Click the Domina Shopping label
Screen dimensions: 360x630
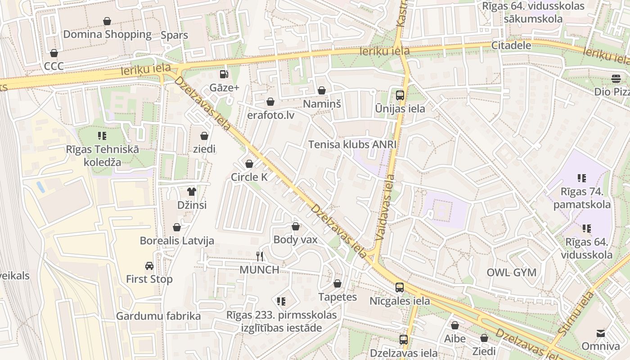[107, 35]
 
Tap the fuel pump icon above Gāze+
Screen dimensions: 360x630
[224, 74]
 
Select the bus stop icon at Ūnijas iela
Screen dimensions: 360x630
[400, 95]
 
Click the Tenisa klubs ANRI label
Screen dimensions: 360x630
[352, 144]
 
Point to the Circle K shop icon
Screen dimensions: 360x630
[249, 164]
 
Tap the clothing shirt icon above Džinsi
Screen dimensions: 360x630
[192, 192]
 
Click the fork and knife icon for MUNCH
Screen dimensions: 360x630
[259, 256]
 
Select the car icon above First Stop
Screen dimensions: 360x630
[149, 266]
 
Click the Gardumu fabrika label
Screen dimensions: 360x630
[158, 316]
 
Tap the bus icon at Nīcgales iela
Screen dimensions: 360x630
[399, 288]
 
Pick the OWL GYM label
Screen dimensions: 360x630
[512, 272]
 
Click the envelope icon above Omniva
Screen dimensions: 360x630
[601, 333]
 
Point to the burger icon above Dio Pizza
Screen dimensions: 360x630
[616, 79]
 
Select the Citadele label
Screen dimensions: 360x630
[511, 45]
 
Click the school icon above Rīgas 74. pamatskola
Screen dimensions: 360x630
[582, 178]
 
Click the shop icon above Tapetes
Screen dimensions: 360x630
[337, 283]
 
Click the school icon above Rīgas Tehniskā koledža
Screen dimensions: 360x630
[102, 135]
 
